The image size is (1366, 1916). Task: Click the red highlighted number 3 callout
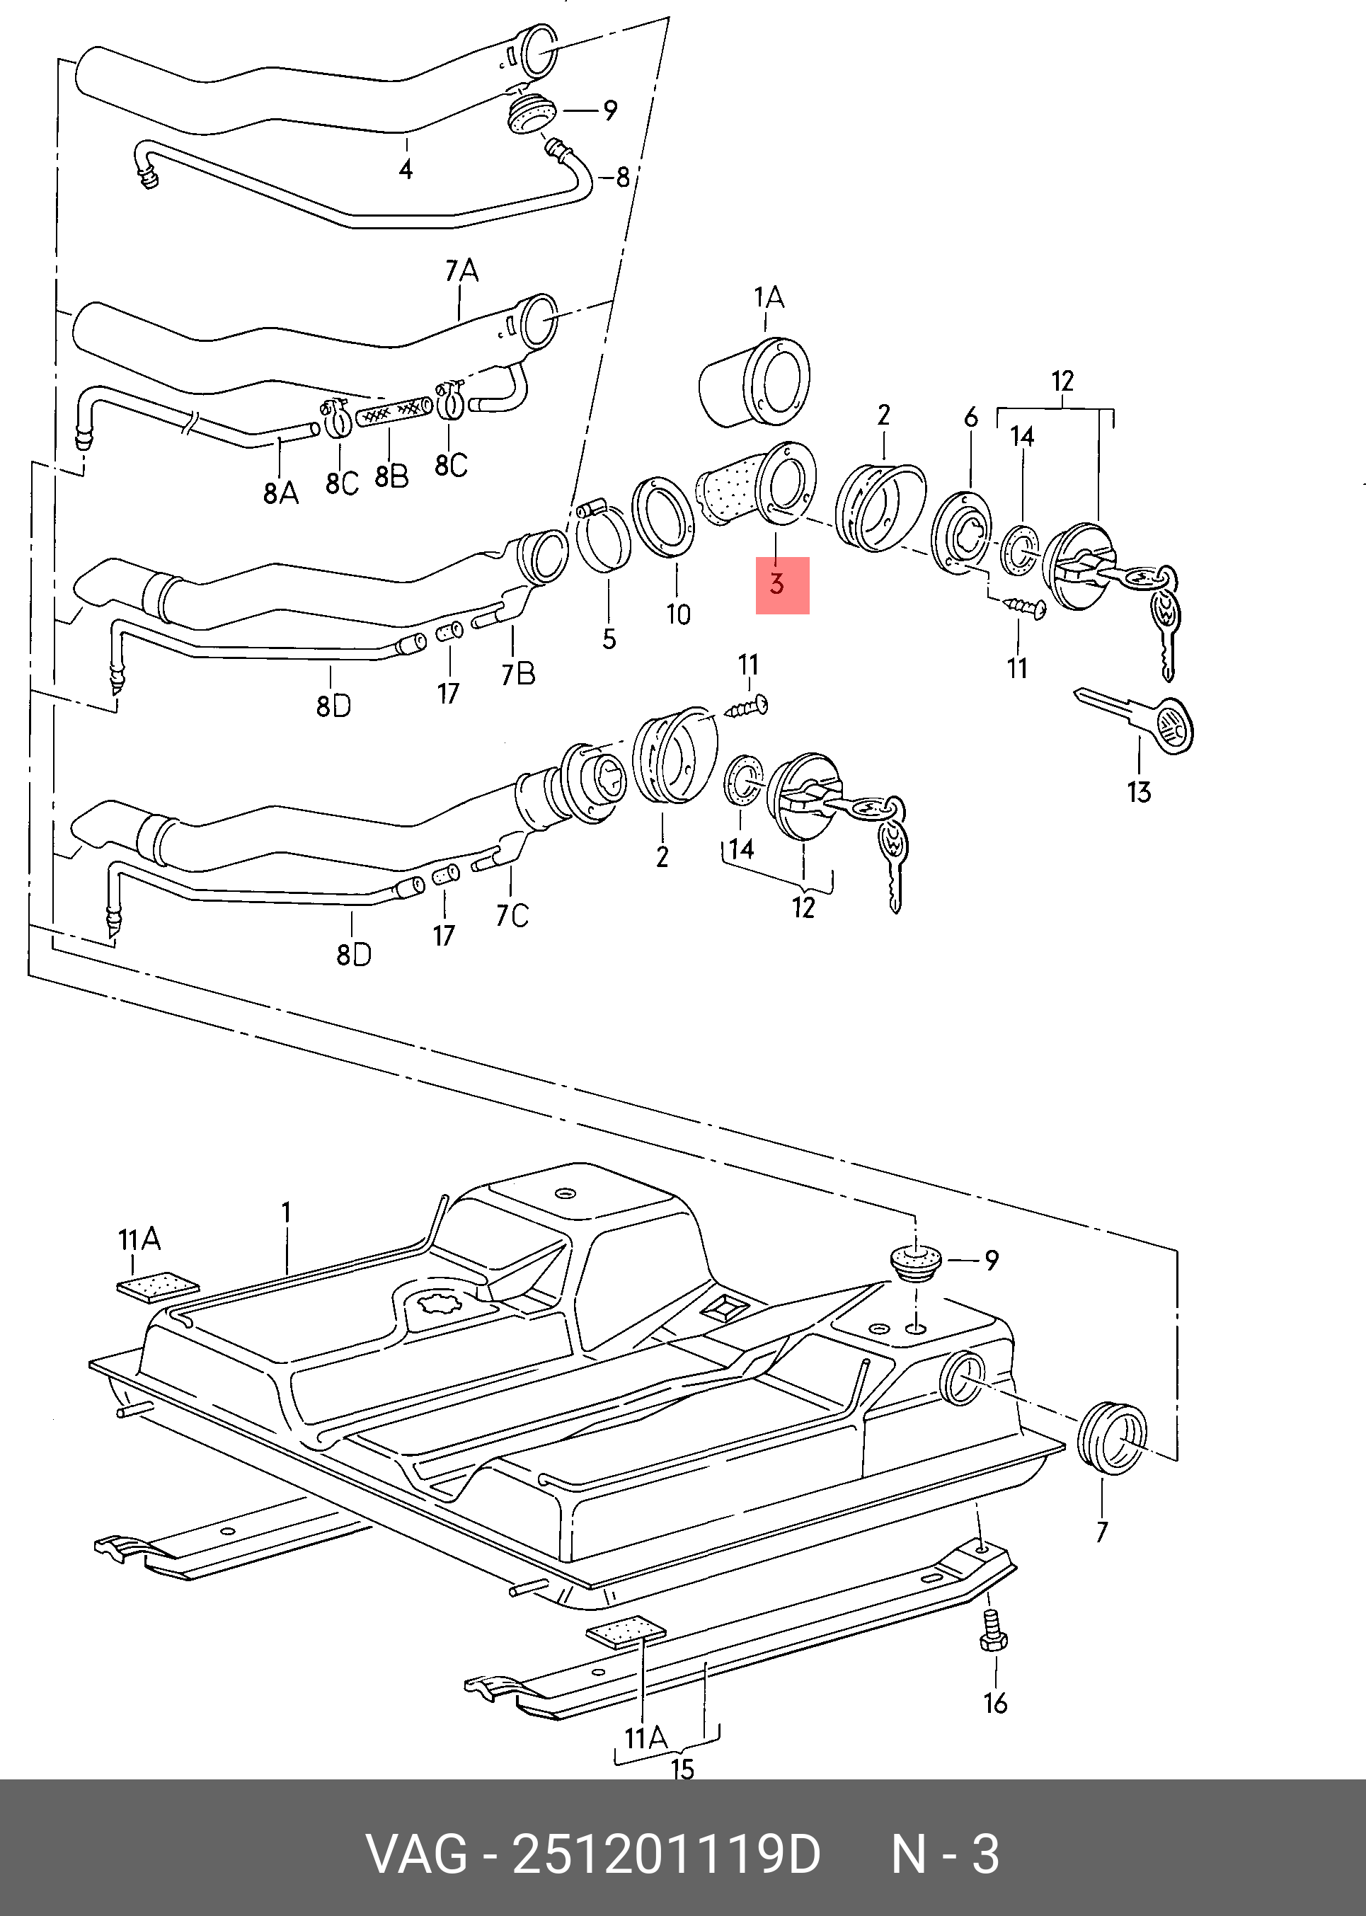click(x=782, y=585)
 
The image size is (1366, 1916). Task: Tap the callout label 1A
click(x=768, y=298)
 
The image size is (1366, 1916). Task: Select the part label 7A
click(x=461, y=271)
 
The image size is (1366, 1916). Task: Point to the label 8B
click(x=391, y=477)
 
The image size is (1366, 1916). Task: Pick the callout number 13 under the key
click(x=1139, y=791)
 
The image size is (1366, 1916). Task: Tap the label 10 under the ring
click(x=678, y=615)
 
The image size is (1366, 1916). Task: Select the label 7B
click(x=518, y=674)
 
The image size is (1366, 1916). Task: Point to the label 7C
click(x=512, y=915)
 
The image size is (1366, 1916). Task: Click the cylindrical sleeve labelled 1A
click(x=754, y=384)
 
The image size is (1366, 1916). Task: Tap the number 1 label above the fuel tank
click(x=286, y=1213)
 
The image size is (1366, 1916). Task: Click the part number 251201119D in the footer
click(x=666, y=1854)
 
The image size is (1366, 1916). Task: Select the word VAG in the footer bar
click(x=416, y=1854)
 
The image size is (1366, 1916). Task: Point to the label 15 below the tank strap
click(x=682, y=1769)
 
